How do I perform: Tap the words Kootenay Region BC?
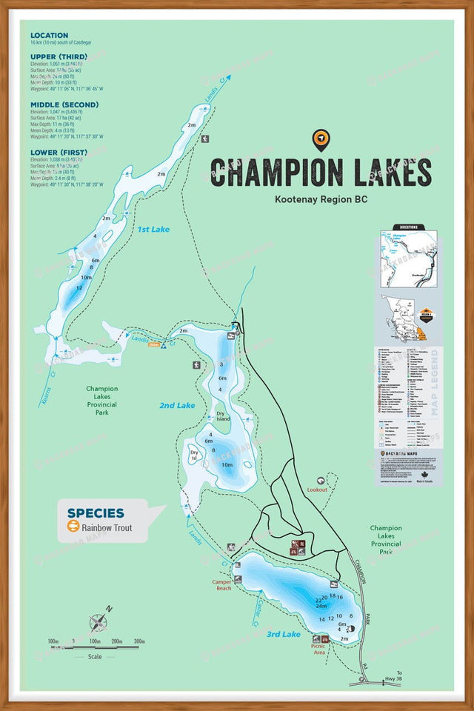click(321, 199)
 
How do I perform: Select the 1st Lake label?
click(153, 230)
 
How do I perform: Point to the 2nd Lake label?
click(177, 405)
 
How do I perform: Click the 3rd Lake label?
click(283, 634)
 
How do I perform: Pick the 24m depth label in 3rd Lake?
click(321, 606)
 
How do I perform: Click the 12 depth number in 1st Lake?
click(79, 287)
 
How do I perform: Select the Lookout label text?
click(317, 490)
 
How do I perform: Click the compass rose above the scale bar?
click(99, 621)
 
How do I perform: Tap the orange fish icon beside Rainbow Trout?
click(73, 527)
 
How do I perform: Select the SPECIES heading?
click(96, 513)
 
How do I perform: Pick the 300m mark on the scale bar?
click(138, 641)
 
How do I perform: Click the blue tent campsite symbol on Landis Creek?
click(163, 345)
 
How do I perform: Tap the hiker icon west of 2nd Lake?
click(196, 365)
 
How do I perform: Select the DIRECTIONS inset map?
click(408, 256)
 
